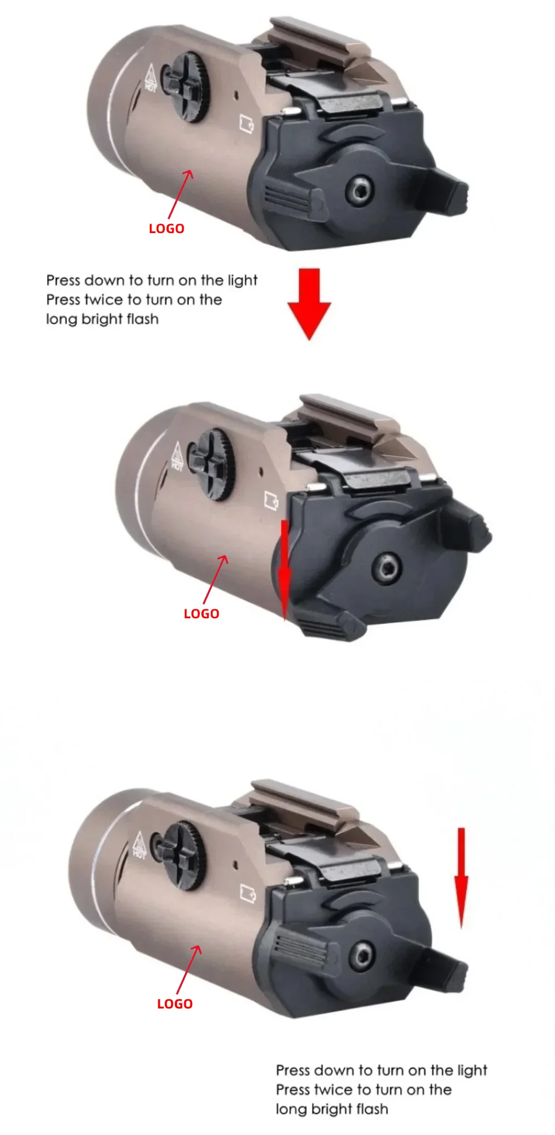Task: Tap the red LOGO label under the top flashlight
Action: pos(167,229)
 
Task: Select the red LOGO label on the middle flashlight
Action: pos(201,614)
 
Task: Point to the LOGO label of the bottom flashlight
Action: pos(175,1004)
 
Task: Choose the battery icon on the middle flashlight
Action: pos(271,500)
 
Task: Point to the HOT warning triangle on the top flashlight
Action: pos(151,78)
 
